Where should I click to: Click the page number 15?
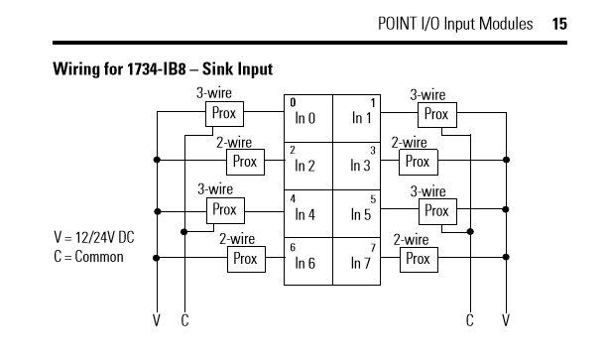tap(559, 24)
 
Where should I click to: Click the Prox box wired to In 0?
tap(224, 114)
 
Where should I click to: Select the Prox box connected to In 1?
tap(437, 115)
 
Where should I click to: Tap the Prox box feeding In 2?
tap(245, 162)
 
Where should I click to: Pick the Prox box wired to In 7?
tap(419, 260)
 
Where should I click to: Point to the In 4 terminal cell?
tap(308, 213)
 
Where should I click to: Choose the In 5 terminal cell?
tap(357, 213)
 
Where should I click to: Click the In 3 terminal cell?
tap(357, 166)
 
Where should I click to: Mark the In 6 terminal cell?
tap(308, 262)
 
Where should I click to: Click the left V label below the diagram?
tap(157, 320)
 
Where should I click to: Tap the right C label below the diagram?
tap(469, 320)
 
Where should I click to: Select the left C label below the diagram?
tap(184, 320)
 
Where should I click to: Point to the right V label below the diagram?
tap(506, 320)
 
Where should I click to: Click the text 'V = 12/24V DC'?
tap(94, 237)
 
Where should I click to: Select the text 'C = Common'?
tap(88, 257)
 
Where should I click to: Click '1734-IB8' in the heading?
tap(156, 69)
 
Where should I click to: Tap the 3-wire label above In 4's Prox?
tap(215, 188)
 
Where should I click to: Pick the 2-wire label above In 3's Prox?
tap(409, 143)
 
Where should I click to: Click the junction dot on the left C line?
tap(183, 232)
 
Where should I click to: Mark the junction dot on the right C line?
tap(470, 232)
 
